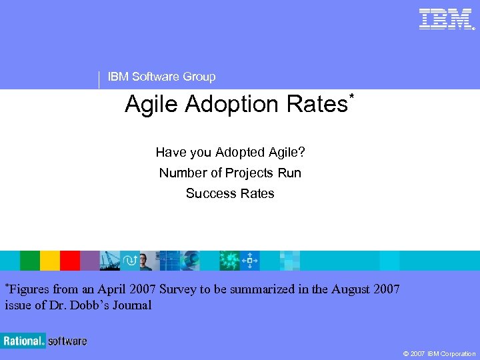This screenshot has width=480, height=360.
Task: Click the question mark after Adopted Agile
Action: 302,152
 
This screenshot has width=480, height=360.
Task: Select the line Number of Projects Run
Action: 230,173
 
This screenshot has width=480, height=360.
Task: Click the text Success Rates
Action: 230,193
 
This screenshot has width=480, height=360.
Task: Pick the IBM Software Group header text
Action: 161,77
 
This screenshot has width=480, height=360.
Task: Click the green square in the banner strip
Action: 30,260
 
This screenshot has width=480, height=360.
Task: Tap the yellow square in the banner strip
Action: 50,260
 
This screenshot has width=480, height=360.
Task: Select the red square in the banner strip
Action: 70,260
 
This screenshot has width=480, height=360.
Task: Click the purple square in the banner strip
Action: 90,260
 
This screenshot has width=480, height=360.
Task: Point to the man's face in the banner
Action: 146,259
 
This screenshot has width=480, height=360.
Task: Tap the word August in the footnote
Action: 345,289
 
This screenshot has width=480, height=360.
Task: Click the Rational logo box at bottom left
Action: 23,341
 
